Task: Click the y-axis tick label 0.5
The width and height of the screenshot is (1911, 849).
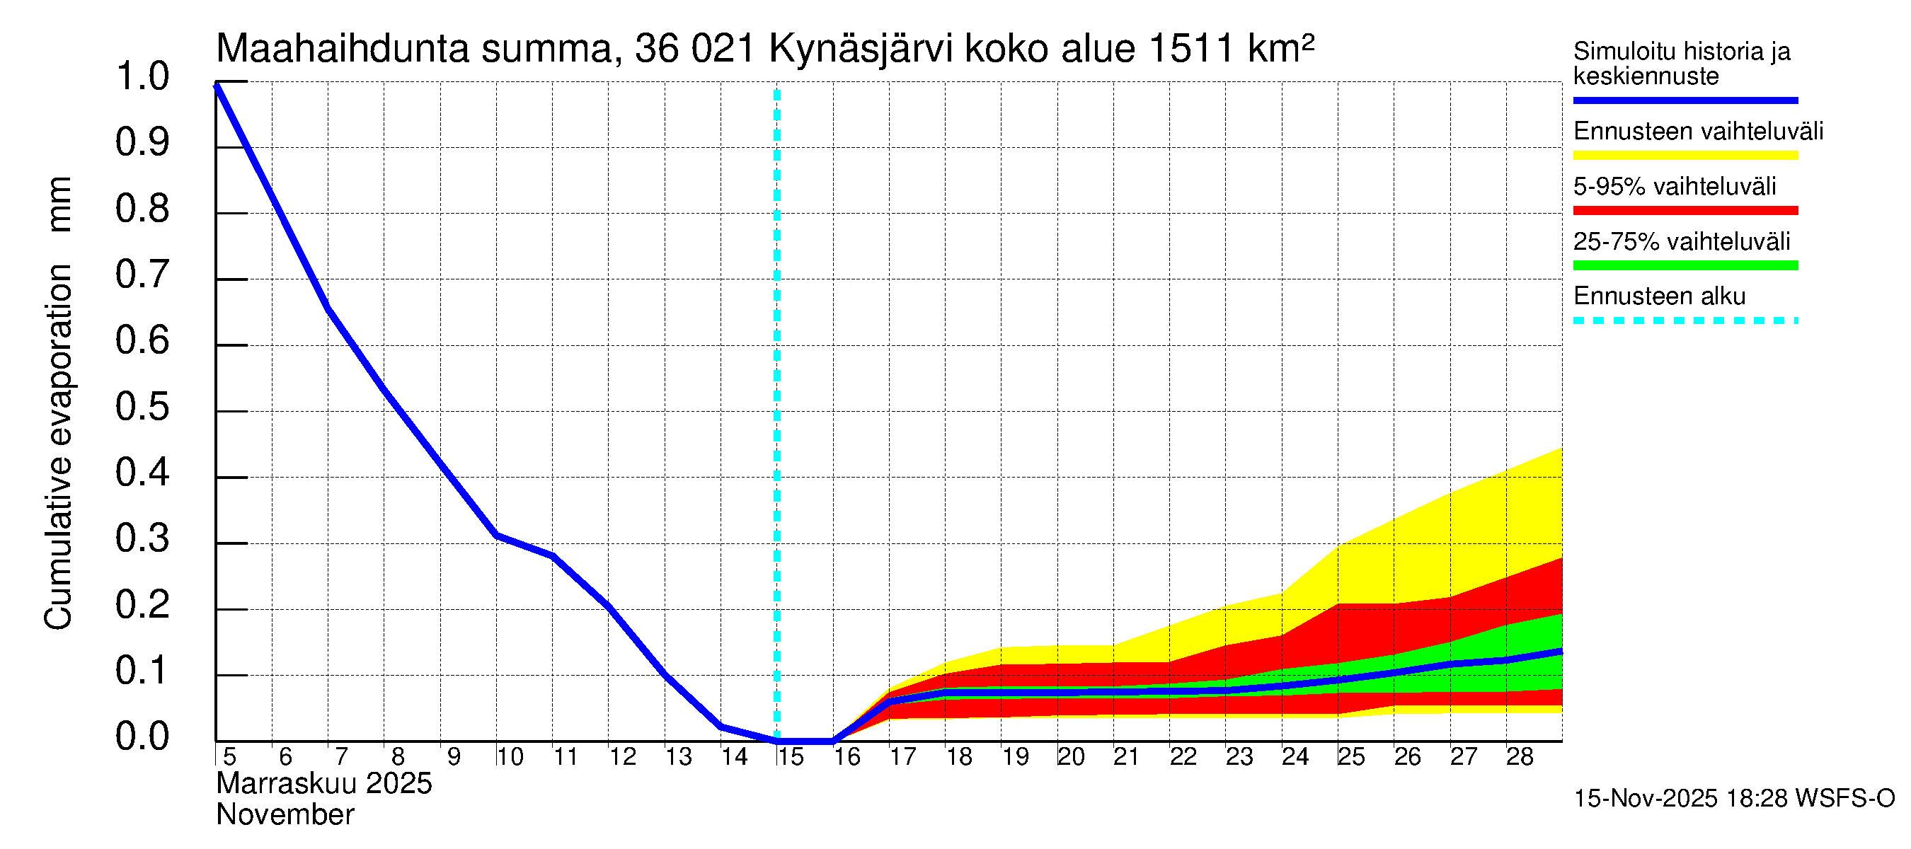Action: [x=142, y=407]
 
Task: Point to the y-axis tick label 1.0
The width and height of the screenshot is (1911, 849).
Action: [x=142, y=77]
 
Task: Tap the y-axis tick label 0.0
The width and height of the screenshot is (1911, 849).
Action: [x=142, y=737]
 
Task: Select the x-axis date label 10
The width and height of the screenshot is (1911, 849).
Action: [x=510, y=757]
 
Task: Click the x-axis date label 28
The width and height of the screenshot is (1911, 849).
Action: [x=1520, y=757]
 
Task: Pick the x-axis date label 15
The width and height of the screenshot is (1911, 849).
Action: [x=790, y=757]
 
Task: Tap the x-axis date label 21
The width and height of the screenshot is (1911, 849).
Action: [x=1126, y=757]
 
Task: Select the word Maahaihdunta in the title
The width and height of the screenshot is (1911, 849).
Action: [x=343, y=49]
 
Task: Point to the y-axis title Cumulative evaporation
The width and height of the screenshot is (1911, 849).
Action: [x=58, y=448]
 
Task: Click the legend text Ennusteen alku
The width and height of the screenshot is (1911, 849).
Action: [x=1660, y=296]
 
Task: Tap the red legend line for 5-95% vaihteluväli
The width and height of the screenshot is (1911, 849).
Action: [x=1685, y=211]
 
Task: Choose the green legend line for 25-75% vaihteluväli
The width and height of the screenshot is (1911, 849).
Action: [x=1685, y=265]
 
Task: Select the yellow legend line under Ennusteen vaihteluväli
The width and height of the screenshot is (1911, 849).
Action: [x=1685, y=156]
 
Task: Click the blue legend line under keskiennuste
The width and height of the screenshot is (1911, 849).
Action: [x=1685, y=100]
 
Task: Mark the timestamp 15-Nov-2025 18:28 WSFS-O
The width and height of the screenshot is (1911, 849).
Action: [x=1733, y=799]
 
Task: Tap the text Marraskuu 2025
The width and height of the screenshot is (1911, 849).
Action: [x=323, y=784]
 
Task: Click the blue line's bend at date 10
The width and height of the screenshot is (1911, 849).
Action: [x=497, y=536]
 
